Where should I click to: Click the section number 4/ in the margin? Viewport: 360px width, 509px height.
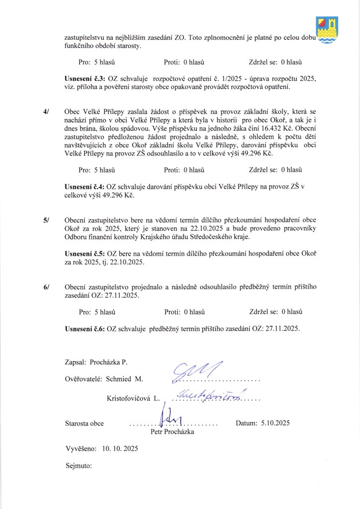coord(46,112)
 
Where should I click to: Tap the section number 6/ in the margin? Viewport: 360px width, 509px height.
coord(46,287)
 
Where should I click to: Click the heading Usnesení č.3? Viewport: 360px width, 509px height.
coord(85,79)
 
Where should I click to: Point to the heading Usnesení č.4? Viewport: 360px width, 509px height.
coord(85,186)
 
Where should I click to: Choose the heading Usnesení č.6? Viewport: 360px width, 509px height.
coord(85,329)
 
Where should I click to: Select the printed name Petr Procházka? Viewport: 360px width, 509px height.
coord(172,432)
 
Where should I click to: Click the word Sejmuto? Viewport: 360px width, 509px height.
coord(79,466)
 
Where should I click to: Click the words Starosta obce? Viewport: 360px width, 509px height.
coord(85,424)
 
